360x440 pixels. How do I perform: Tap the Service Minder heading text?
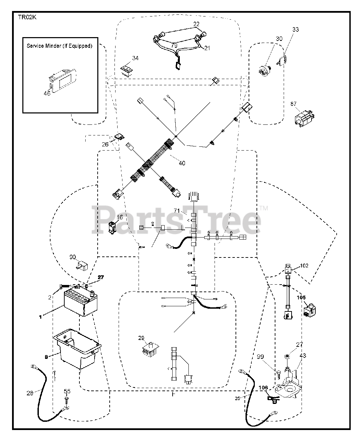(x=59, y=46)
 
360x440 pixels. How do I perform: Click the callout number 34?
(x=135, y=58)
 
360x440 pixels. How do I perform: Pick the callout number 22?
(x=196, y=24)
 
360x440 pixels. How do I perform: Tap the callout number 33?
(x=296, y=30)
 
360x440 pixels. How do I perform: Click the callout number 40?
(x=182, y=163)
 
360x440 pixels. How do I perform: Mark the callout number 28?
(x=30, y=393)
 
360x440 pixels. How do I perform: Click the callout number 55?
(x=67, y=391)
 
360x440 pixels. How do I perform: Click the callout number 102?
(x=304, y=265)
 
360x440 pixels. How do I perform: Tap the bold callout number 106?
(x=263, y=388)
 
